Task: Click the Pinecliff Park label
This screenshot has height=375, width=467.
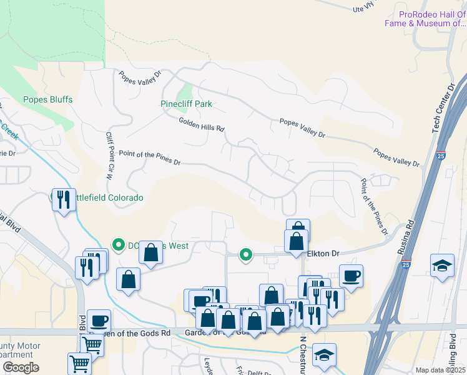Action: tap(186, 104)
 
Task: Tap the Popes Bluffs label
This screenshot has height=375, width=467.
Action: tap(47, 99)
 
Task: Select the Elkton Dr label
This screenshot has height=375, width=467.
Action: tap(323, 254)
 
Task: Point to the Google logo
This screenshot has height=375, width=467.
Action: tap(21, 367)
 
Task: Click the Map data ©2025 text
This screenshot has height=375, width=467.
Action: tap(440, 370)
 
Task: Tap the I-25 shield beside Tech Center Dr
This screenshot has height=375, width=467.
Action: tap(441, 154)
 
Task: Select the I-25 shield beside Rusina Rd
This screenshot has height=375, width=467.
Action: tap(406, 264)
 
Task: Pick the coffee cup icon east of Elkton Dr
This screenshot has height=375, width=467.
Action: tap(351, 276)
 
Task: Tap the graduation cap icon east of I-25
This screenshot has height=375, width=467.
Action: tap(442, 264)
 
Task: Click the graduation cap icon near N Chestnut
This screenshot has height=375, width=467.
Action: tap(324, 354)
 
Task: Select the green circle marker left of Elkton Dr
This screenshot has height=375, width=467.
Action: tap(246, 254)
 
